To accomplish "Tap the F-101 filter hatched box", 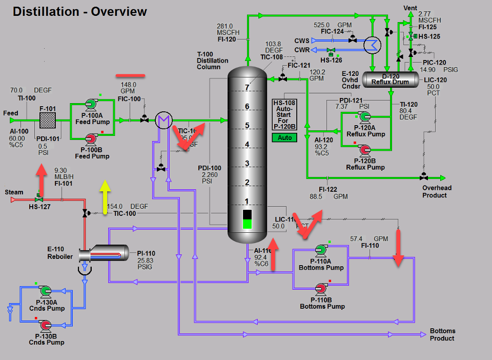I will click(48, 121).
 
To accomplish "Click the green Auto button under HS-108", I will click(285, 137).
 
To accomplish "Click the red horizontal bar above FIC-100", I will click(130, 76).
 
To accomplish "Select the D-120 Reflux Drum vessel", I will click(390, 79).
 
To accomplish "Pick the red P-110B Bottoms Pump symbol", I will click(321, 288).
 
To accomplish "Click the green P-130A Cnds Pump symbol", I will click(45, 291).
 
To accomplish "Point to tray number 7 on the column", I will click(247, 88).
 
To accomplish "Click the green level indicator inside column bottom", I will click(247, 224).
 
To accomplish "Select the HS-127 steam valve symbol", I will click(38, 199).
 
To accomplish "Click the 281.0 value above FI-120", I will click(224, 26).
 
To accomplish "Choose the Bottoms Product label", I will click(442, 334).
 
